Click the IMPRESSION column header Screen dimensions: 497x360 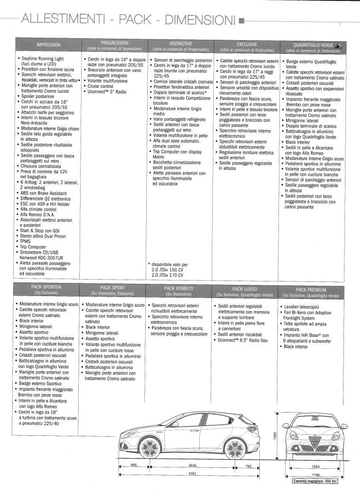[x=48, y=45]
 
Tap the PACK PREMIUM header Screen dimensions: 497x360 [x=310, y=290]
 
